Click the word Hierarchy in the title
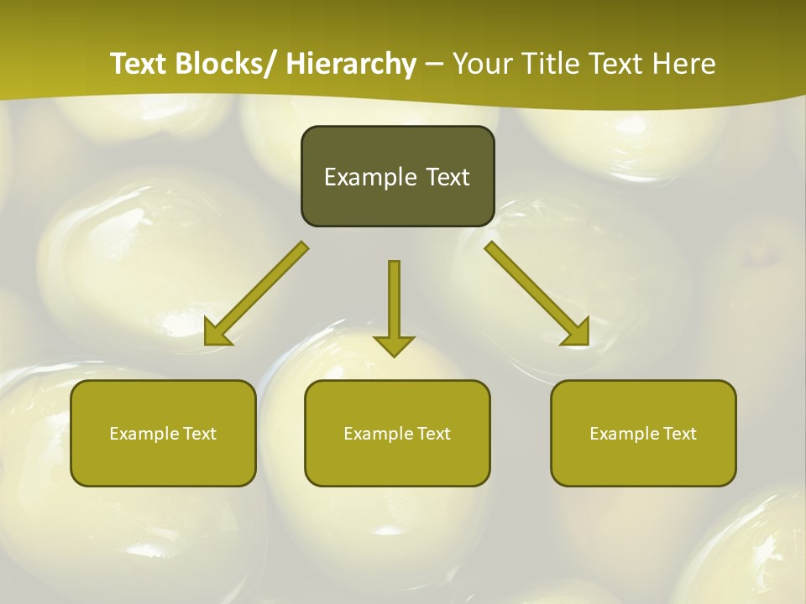pyautogui.click(x=351, y=64)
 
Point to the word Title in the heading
pyautogui.click(x=552, y=64)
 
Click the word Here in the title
pyautogui.click(x=685, y=64)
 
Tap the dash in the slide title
pyautogui.click(x=434, y=65)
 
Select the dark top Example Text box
pyautogui.click(x=397, y=176)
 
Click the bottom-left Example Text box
pyautogui.click(x=163, y=433)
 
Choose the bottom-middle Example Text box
pyautogui.click(x=397, y=433)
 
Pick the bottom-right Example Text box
pyautogui.click(x=643, y=433)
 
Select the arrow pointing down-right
pyautogui.click(x=537, y=294)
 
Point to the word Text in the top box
pyautogui.click(x=446, y=177)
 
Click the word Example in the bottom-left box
pyautogui.click(x=144, y=434)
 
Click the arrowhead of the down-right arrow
pyautogui.click(x=575, y=331)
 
